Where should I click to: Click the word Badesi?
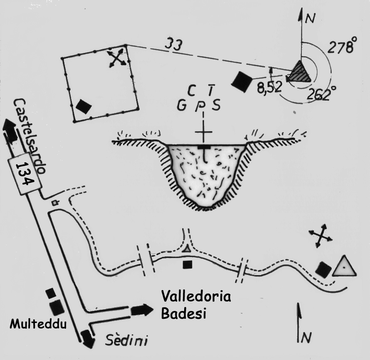click(184, 313)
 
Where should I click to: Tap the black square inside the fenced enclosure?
click(84, 106)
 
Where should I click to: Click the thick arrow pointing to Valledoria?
click(141, 310)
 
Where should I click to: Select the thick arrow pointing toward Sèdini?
click(87, 338)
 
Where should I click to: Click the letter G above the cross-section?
click(181, 106)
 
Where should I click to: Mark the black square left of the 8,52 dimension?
click(242, 81)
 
